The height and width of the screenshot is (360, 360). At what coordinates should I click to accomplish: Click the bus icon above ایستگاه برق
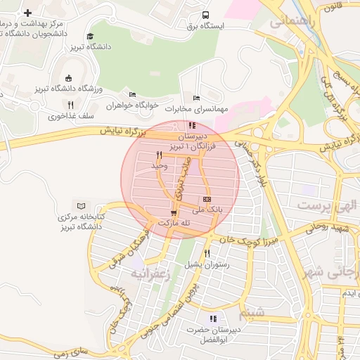tap(205, 15)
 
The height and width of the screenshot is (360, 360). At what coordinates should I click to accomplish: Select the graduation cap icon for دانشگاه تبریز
tap(89, 37)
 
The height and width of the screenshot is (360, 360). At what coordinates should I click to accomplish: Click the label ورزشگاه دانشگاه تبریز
tap(67, 89)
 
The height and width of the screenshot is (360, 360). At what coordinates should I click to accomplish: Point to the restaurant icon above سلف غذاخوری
tap(70, 105)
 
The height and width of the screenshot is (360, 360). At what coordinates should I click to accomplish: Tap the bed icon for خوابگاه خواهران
tap(132, 95)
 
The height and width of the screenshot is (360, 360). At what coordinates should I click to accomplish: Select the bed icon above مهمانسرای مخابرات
tap(195, 98)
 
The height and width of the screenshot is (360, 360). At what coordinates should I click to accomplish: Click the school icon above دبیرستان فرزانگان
tap(193, 125)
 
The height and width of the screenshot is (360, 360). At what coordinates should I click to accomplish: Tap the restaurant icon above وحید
tap(160, 154)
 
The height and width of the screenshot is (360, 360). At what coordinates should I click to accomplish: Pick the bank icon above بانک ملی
tap(207, 199)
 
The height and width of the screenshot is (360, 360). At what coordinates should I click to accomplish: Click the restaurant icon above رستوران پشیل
tap(207, 254)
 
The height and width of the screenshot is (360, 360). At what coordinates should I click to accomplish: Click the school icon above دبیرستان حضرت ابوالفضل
tap(213, 319)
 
